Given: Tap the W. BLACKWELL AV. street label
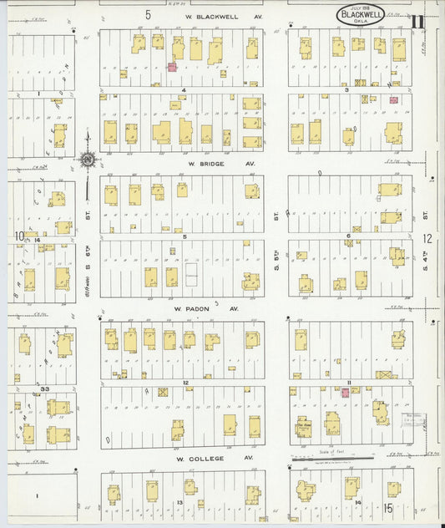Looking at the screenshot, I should click(212, 15).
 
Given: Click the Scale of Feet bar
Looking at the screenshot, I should click(331, 457).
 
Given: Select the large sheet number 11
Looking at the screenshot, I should click(417, 21).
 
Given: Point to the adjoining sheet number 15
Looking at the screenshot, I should click(388, 507).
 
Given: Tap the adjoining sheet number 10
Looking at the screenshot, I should click(18, 236).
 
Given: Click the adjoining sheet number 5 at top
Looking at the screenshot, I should click(147, 14).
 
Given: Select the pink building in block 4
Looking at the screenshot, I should click(172, 66).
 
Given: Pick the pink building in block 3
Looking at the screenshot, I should click(393, 100).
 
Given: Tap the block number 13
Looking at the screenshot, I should click(180, 502).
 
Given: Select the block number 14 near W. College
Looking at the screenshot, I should click(357, 502).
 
